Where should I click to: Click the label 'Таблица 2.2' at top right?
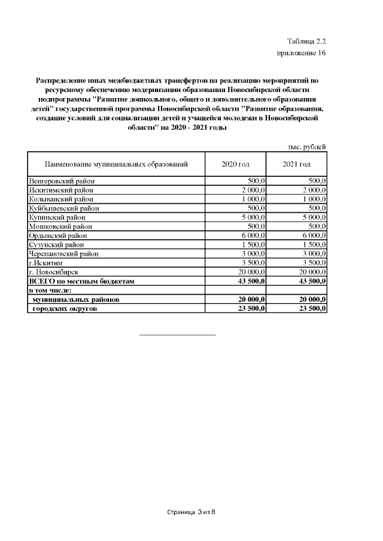click(x=306, y=41)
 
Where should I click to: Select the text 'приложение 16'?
click(x=301, y=53)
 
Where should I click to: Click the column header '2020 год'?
click(x=235, y=164)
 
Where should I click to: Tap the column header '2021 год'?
click(x=296, y=164)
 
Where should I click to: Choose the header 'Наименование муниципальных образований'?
click(x=117, y=164)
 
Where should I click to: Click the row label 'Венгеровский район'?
click(x=62, y=181)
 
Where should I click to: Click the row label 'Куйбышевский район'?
click(x=63, y=208)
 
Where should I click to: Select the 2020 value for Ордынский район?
click(x=253, y=236)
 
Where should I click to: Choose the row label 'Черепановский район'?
click(x=63, y=253)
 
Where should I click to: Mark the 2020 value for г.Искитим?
click(x=253, y=263)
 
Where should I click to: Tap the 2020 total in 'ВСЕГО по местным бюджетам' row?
click(x=251, y=281)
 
